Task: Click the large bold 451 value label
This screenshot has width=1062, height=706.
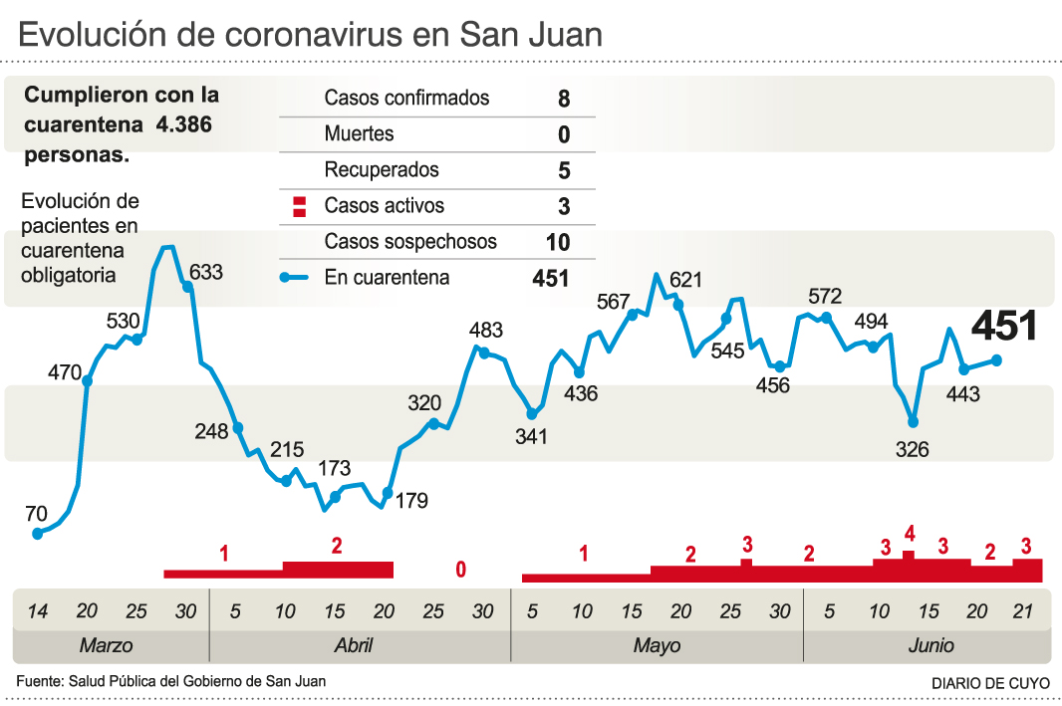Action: pyautogui.click(x=1004, y=327)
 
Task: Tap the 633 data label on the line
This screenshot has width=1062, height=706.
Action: pyautogui.click(x=206, y=272)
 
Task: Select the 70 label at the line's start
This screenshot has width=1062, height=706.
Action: pyautogui.click(x=36, y=515)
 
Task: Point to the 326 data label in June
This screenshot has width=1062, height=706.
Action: pyautogui.click(x=912, y=450)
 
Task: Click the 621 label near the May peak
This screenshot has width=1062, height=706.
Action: pyautogui.click(x=686, y=281)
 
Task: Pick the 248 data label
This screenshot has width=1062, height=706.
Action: pyautogui.click(x=212, y=431)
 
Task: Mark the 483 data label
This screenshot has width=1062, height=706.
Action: pyautogui.click(x=486, y=331)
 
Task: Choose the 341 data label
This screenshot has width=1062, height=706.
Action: pyautogui.click(x=531, y=436)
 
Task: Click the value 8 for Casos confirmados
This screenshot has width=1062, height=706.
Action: pyautogui.click(x=564, y=99)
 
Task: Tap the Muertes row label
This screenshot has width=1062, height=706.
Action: pyautogui.click(x=359, y=133)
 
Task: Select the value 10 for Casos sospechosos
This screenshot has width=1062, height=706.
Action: pyautogui.click(x=558, y=242)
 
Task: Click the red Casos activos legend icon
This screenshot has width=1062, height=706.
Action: pyautogui.click(x=297, y=207)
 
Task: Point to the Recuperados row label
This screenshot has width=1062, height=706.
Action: pyautogui.click(x=381, y=170)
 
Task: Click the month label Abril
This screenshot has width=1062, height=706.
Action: pyautogui.click(x=354, y=645)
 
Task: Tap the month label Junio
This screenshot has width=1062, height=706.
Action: pyautogui.click(x=930, y=645)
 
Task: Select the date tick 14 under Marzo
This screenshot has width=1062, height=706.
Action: pyautogui.click(x=37, y=610)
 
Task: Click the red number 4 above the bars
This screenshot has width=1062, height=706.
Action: pyautogui.click(x=909, y=533)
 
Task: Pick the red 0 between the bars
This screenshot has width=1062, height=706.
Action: pyautogui.click(x=460, y=570)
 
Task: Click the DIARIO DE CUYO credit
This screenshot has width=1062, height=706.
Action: pyautogui.click(x=990, y=684)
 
